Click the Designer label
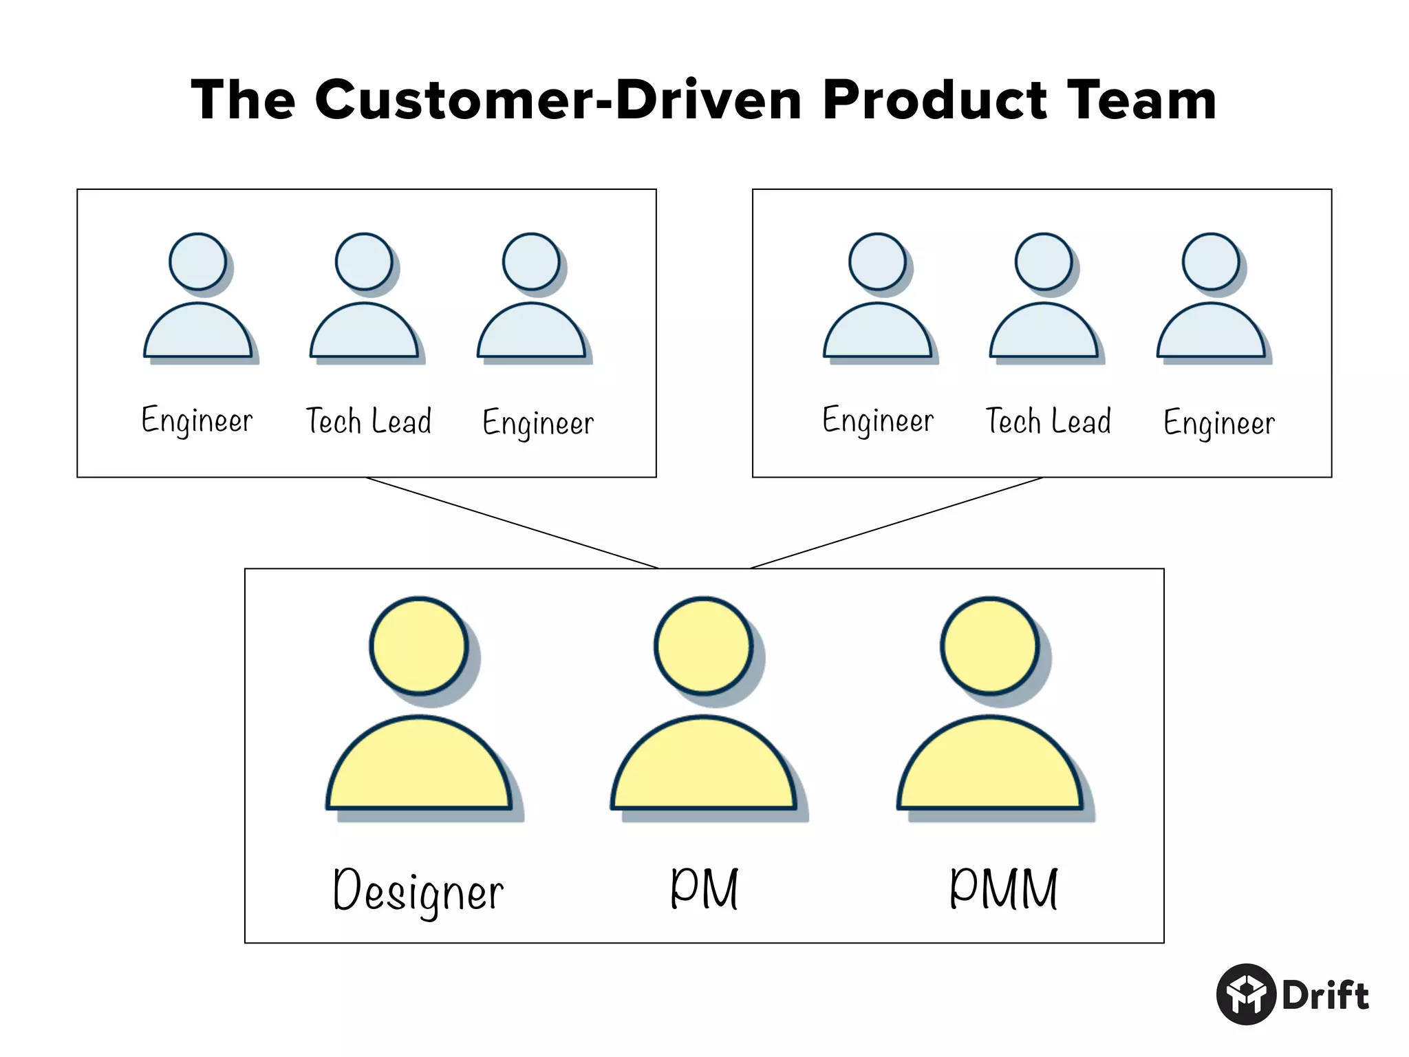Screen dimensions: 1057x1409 (x=418, y=890)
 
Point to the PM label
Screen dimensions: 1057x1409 (x=704, y=888)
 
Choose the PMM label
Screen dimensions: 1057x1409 (x=1003, y=888)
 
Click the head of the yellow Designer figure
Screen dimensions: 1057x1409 (x=418, y=645)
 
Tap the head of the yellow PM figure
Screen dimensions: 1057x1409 (x=703, y=645)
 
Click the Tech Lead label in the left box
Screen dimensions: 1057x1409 (x=369, y=421)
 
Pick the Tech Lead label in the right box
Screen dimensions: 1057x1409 (x=1048, y=421)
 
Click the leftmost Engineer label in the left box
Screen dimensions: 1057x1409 (x=197, y=421)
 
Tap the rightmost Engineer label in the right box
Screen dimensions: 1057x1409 (x=1218, y=423)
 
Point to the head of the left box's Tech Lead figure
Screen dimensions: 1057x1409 (x=363, y=261)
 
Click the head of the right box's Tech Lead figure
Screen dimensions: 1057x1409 (x=1043, y=261)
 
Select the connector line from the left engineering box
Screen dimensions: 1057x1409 (x=513, y=523)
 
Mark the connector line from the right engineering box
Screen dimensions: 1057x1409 (x=896, y=523)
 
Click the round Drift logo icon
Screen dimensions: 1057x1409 (x=1246, y=994)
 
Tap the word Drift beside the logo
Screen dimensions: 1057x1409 (x=1325, y=995)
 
